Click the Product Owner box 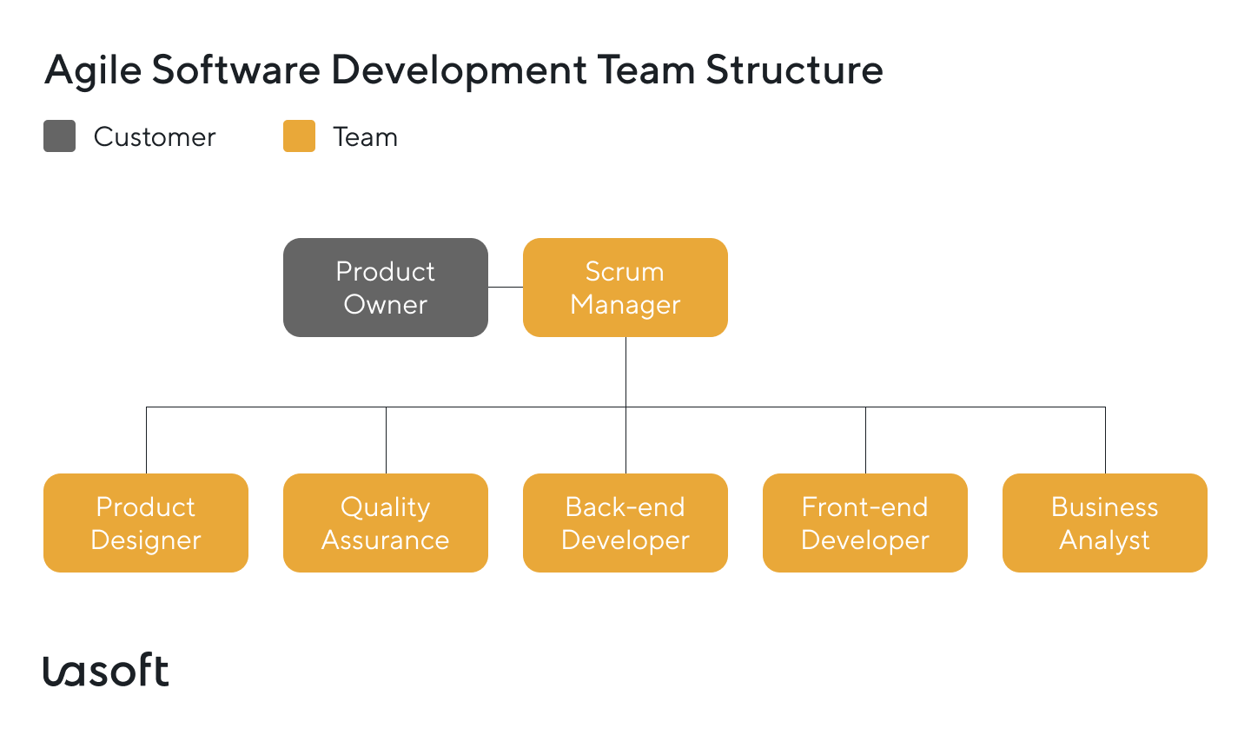[x=385, y=288]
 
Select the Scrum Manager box [x=625, y=288]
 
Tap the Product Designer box [x=145, y=523]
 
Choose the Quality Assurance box [x=385, y=523]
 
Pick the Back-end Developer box [x=625, y=523]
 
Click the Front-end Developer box [x=864, y=523]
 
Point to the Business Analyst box [x=1104, y=523]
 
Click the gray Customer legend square [x=59, y=136]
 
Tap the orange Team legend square [x=299, y=136]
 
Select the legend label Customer [x=155, y=137]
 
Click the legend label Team [x=365, y=137]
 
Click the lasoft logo [x=106, y=671]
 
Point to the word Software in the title [x=236, y=70]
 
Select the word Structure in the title [x=794, y=70]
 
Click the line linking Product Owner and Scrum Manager [x=506, y=287]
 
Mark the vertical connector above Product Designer [x=146, y=440]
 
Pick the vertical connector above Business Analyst [x=1105, y=440]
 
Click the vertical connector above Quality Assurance [x=386, y=440]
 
